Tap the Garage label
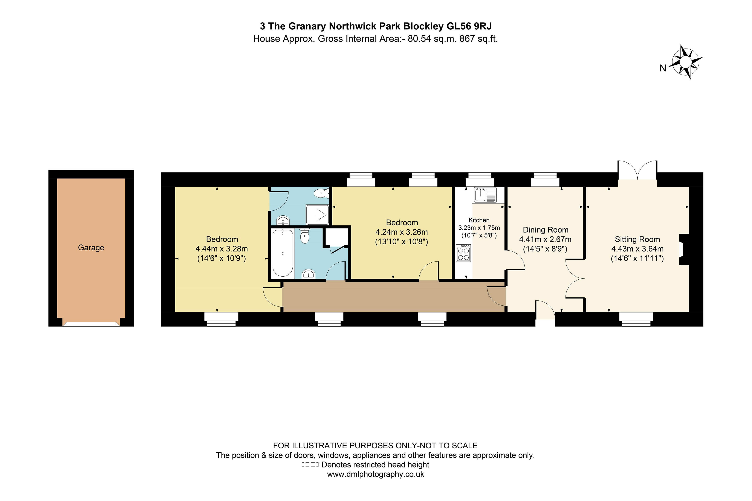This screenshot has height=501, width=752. (91, 248)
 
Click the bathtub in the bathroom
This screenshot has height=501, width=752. (283, 253)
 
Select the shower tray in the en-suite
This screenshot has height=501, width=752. (317, 215)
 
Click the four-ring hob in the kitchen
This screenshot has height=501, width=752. (463, 253)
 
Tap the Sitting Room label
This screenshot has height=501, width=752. (637, 239)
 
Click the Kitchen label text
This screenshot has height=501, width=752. (479, 220)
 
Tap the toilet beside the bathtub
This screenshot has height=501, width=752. (305, 236)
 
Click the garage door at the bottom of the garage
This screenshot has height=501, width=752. (91, 324)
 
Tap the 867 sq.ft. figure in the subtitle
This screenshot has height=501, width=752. (478, 39)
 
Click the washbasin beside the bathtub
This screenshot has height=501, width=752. (308, 274)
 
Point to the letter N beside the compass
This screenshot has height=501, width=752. (663, 68)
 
